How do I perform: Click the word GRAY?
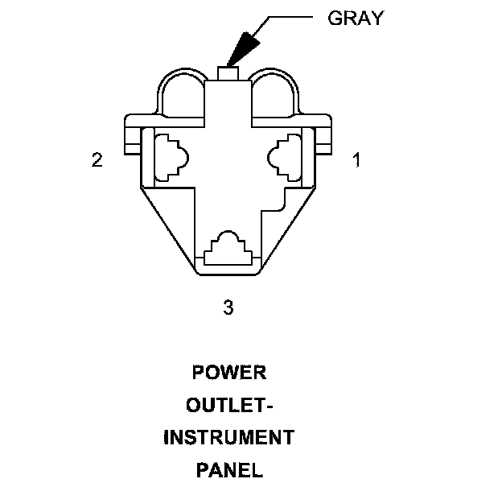coord(356,18)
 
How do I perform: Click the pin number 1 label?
coord(356,160)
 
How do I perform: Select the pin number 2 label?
coord(97,160)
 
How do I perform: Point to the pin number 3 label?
coord(228,307)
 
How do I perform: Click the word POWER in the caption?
coord(228,373)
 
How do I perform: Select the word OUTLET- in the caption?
coord(228,405)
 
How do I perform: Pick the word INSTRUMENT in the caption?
coord(228,437)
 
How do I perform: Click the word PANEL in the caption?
coord(228,469)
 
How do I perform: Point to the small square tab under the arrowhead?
coord(228,73)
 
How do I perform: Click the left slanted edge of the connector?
coord(168,229)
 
